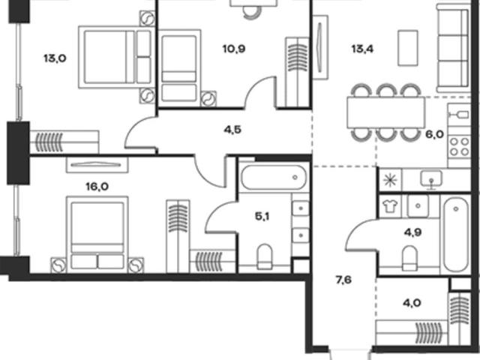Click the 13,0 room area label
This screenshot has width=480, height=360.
click(x=55, y=58)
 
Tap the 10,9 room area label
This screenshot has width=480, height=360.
click(x=234, y=49)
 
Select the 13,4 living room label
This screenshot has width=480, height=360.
click(x=363, y=49)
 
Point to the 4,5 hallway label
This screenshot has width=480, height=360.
click(x=232, y=130)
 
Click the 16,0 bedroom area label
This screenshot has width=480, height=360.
click(x=97, y=187)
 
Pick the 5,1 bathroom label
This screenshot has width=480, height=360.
click(x=262, y=217)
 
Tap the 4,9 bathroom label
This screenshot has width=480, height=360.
click(x=413, y=232)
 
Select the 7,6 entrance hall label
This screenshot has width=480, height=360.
click(x=343, y=280)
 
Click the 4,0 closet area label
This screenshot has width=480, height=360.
click(x=412, y=303)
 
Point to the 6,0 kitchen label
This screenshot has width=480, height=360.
click(x=435, y=134)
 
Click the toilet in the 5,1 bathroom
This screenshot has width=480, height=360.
click(x=265, y=256)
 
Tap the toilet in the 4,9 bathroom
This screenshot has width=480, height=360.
click(x=410, y=258)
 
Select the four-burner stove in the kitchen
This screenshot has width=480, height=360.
click(x=459, y=147)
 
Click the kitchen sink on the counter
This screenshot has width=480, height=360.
click(x=431, y=179)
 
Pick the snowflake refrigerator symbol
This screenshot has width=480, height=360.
click(x=391, y=180)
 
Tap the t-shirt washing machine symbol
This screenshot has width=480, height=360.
click(x=390, y=206)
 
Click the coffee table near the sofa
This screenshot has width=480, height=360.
click(x=408, y=48)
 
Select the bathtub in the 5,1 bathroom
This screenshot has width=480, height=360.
click(x=273, y=177)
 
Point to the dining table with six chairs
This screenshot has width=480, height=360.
click(x=386, y=112)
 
